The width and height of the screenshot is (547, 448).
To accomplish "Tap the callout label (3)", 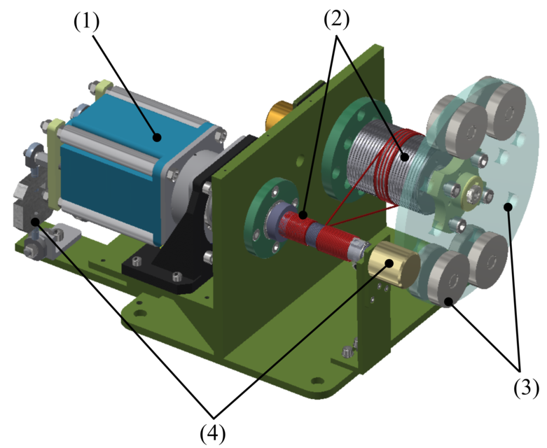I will (525, 388).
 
